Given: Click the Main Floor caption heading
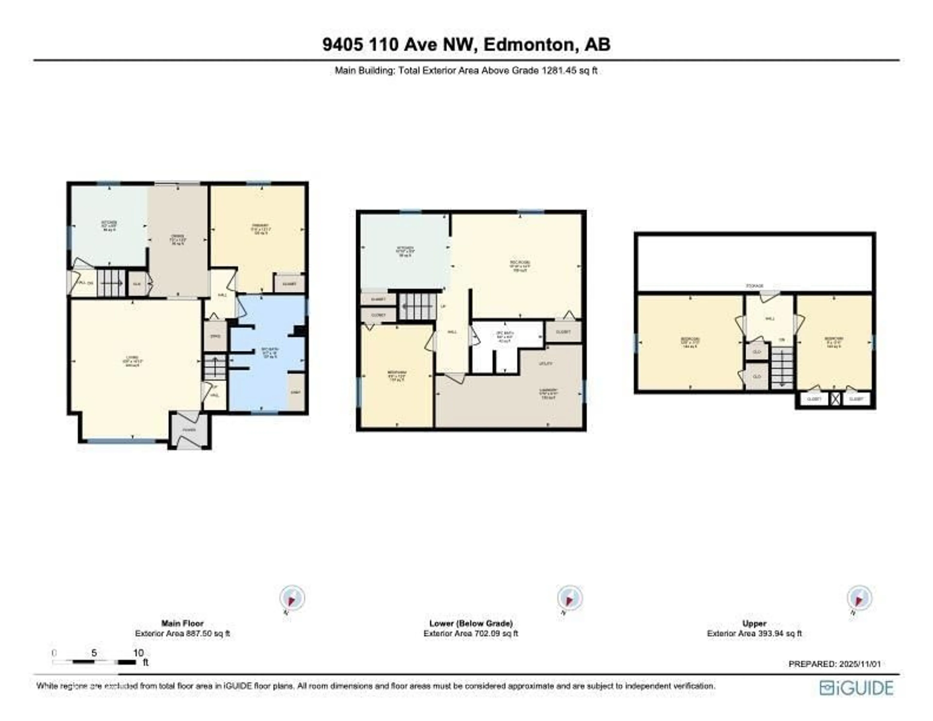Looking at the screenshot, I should pyautogui.click(x=182, y=623).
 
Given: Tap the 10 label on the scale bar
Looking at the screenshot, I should pyautogui.click(x=138, y=653).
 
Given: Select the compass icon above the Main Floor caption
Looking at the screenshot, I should pyautogui.click(x=292, y=598).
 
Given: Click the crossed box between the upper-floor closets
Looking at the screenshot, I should pyautogui.click(x=835, y=399).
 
